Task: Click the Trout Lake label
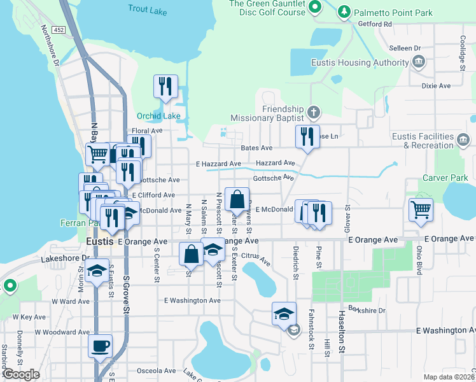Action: [x=147, y=8]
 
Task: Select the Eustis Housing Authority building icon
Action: [x=419, y=62]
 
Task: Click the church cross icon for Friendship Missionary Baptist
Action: [x=313, y=113]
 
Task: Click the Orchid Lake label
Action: [x=158, y=116]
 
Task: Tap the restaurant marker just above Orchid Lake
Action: [x=166, y=86]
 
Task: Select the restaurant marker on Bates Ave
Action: [x=307, y=136]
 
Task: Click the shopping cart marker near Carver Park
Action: [x=421, y=209]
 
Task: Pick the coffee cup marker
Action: [x=100, y=346]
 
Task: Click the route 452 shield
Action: [x=59, y=29]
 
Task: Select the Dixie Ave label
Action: [x=435, y=85]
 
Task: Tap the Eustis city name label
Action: [x=99, y=242]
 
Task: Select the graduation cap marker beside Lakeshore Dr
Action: [x=97, y=271]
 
